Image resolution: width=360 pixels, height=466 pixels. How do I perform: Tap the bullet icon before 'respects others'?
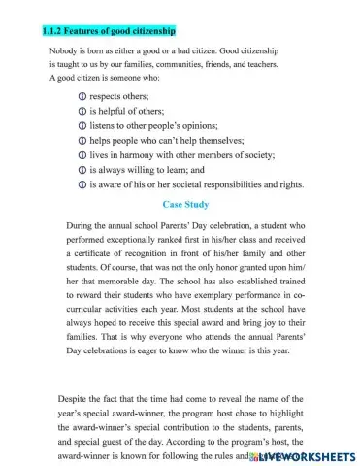tap(81, 98)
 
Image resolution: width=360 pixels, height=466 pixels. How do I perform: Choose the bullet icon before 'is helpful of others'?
tap(81, 112)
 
